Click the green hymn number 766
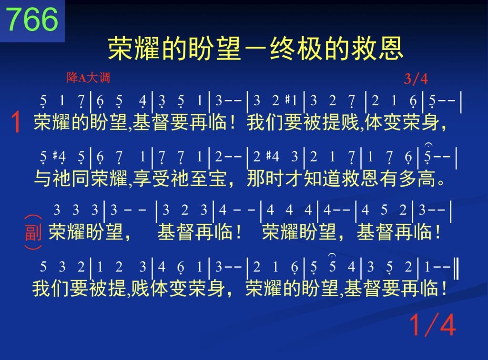tap(32, 19)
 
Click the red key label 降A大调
tap(88, 78)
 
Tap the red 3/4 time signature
tap(416, 79)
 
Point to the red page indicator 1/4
tap(433, 325)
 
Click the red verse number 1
tap(16, 122)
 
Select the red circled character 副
tap(33, 232)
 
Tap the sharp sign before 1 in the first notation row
tap(288, 99)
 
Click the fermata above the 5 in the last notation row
tap(332, 256)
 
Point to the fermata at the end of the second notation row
tap(428, 145)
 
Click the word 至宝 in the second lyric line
tap(209, 179)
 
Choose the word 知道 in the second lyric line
tap(322, 179)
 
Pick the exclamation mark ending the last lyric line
tap(444, 288)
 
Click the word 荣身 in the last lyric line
tap(207, 288)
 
